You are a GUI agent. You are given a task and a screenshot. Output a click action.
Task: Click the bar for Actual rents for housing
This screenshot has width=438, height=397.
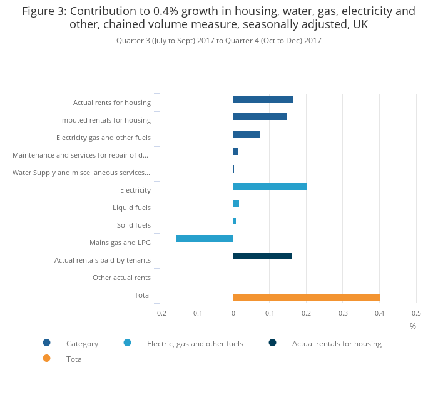pos(262,99)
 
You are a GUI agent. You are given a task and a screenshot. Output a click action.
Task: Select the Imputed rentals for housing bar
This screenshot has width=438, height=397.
pos(259,116)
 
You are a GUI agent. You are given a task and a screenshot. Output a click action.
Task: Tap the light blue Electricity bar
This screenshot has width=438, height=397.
pos(270,186)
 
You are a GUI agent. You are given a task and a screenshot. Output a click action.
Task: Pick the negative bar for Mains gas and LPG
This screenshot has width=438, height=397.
pos(204,238)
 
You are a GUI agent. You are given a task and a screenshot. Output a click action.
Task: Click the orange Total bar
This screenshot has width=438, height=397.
pos(306,298)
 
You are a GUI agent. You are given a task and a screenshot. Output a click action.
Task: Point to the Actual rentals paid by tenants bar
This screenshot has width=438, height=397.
pos(262,256)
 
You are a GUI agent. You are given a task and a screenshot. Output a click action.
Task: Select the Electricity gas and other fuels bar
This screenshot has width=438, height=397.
pos(246,134)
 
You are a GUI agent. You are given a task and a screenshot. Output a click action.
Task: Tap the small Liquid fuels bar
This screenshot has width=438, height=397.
pos(236,203)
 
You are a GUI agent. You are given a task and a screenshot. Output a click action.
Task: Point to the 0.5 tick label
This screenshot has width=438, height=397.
pos(416,313)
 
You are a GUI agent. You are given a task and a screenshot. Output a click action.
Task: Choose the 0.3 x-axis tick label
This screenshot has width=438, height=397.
pos(343,313)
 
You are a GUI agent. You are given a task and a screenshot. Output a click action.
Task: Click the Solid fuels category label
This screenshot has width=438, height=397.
pos(133,225)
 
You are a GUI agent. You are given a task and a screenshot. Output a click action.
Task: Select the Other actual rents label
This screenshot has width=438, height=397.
pos(121,278)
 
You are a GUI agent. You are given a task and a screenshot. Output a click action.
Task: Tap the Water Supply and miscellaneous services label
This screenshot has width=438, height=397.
pos(81,173)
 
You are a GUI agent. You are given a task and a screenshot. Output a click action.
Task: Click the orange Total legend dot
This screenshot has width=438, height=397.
pos(46,358)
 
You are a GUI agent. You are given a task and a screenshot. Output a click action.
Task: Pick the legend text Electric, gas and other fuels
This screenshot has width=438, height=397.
pos(195,343)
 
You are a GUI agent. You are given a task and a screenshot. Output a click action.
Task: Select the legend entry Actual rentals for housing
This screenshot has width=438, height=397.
pos(336,343)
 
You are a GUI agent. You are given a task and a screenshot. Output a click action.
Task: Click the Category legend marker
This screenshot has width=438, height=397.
pos(46,343)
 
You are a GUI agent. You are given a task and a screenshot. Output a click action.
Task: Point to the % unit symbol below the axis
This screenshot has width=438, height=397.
pos(412,326)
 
